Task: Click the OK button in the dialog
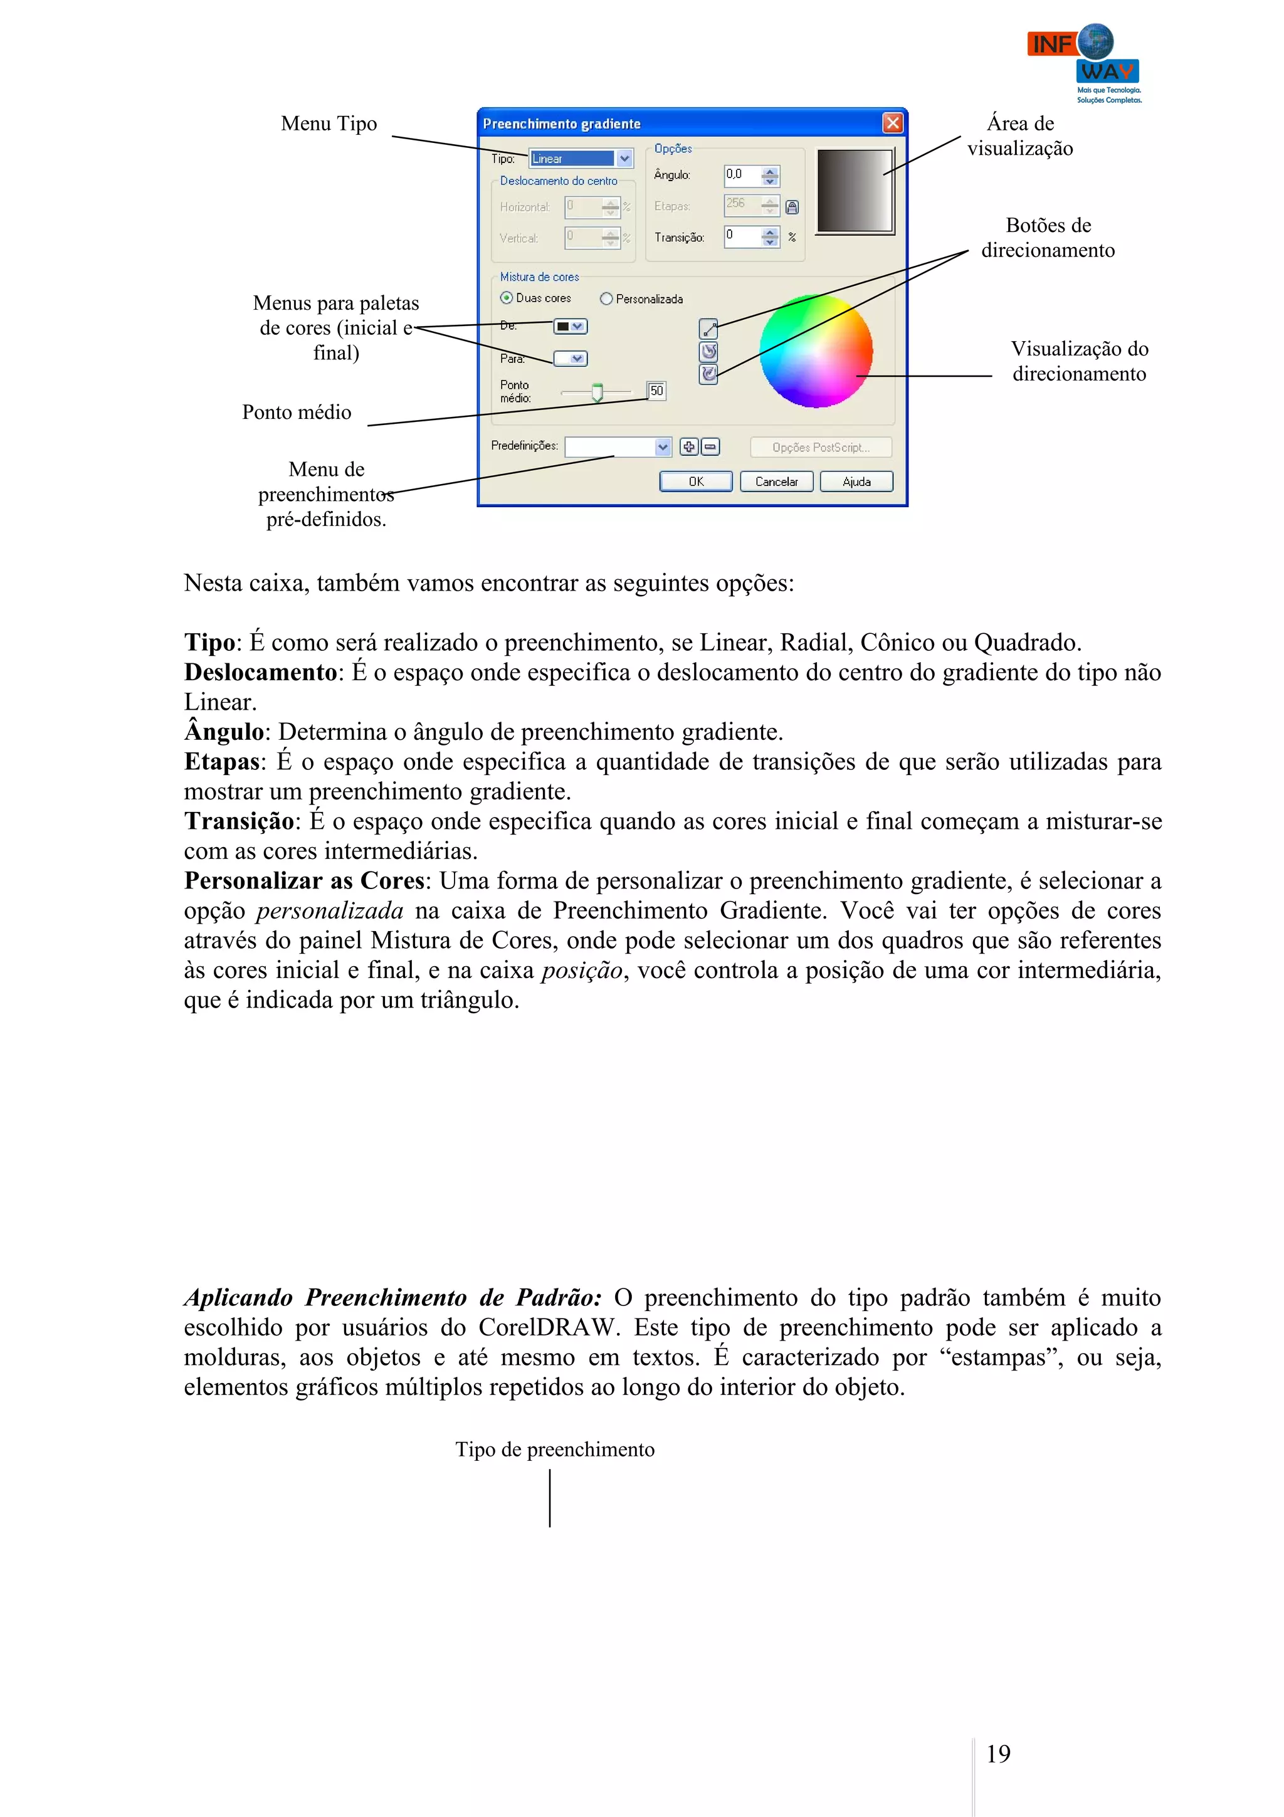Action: (x=695, y=481)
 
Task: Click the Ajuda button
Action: (x=856, y=481)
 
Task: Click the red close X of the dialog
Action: (x=892, y=123)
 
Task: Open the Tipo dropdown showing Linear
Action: (x=624, y=158)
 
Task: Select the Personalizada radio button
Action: (x=606, y=298)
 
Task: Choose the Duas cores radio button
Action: (x=507, y=298)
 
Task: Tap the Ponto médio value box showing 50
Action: (x=656, y=390)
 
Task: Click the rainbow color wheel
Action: (x=815, y=350)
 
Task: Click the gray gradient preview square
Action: (x=854, y=191)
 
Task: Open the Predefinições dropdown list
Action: (x=663, y=447)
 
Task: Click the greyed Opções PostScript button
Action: (x=821, y=447)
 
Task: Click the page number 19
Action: (x=997, y=1754)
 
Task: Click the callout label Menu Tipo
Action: (x=329, y=124)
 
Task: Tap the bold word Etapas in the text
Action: (x=221, y=761)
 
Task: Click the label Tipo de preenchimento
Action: (x=555, y=1449)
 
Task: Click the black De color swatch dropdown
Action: (x=570, y=326)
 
